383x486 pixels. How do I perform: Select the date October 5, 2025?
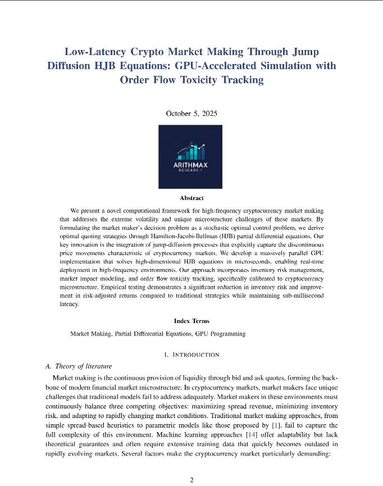tap(191, 113)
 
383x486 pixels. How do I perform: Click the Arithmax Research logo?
tap(190, 157)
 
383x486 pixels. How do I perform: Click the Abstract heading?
tap(191, 198)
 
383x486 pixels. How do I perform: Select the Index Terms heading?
tap(191, 321)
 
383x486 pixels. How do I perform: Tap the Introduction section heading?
tap(191, 355)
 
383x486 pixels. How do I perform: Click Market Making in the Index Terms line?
tap(90, 334)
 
